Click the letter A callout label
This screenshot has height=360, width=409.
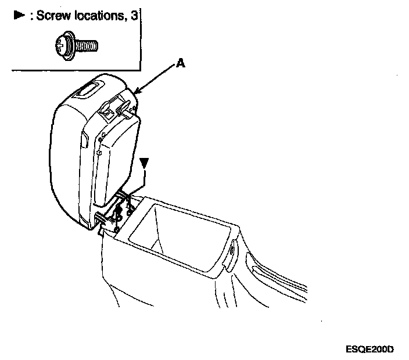tap(181, 65)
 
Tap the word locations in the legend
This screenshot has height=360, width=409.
tap(99, 16)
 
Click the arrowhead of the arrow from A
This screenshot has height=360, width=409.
tap(137, 92)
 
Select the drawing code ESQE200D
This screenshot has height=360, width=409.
tap(369, 349)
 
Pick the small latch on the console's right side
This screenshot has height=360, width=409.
tap(232, 250)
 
